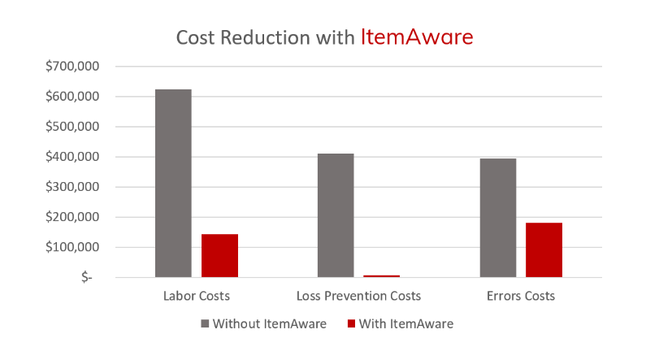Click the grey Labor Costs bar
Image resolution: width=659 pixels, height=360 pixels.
tap(173, 184)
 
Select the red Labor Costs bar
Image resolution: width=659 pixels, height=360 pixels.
tap(219, 256)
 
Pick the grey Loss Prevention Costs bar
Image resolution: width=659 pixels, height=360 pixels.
tap(336, 215)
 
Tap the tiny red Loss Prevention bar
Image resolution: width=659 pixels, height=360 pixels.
tap(382, 276)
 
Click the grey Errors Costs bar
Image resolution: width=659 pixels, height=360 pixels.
tap(498, 218)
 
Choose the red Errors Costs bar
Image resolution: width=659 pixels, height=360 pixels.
tap(544, 250)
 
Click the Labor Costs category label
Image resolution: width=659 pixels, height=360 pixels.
tap(197, 296)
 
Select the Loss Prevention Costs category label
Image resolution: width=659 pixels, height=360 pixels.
tap(359, 296)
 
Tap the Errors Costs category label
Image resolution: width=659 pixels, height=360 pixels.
tap(521, 296)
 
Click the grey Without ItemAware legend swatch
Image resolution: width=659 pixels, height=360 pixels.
tap(205, 323)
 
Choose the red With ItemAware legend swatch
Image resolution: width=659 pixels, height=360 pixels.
tap(351, 323)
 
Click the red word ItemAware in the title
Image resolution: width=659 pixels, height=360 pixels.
tap(417, 37)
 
